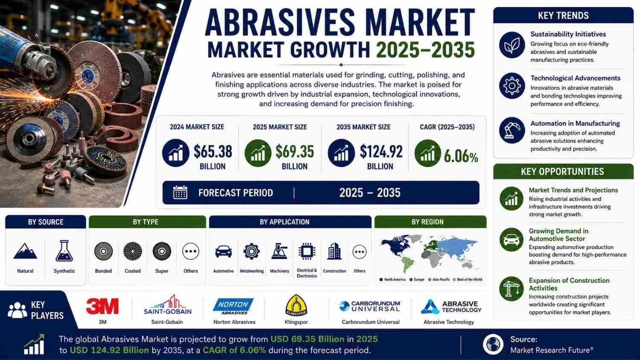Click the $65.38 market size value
pyautogui.click(x=213, y=152)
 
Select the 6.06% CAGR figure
pyautogui.click(x=461, y=157)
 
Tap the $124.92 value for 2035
pyautogui.click(x=381, y=152)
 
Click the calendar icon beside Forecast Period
pyautogui.click(x=180, y=192)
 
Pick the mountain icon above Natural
pyautogui.click(x=25, y=251)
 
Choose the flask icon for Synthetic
pyautogui.click(x=64, y=251)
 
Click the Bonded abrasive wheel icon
pyautogui.click(x=103, y=251)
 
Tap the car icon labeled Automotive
pyautogui.click(x=224, y=251)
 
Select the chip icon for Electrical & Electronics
pyautogui.click(x=307, y=251)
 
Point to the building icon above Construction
pyautogui.click(x=334, y=251)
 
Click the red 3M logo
pyautogui.click(x=102, y=306)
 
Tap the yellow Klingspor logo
pyautogui.click(x=296, y=305)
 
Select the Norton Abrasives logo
pyautogui.click(x=233, y=307)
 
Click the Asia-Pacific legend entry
pyautogui.click(x=439, y=279)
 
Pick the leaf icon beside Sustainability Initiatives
pyautogui.click(x=512, y=45)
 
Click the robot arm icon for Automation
pyautogui.click(x=512, y=131)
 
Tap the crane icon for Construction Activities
pyautogui.click(x=512, y=289)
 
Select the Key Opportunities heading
pyautogui.click(x=562, y=171)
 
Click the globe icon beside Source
pyautogui.click(x=493, y=344)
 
